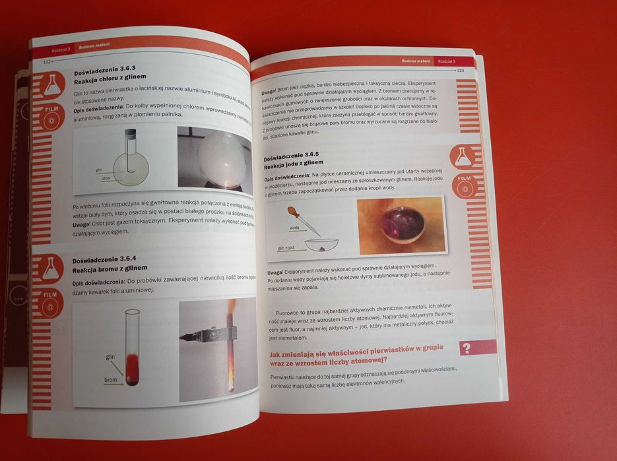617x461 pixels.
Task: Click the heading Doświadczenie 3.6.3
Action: (104, 69)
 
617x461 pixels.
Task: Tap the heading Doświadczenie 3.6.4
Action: (104, 259)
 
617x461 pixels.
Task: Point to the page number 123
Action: (460, 70)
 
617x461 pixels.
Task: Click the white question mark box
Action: (467, 348)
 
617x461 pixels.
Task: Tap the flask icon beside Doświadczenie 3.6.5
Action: (463, 157)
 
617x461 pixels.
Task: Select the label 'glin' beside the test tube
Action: (110, 357)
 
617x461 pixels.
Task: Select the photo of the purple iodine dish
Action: (400, 226)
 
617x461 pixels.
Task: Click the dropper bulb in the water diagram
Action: (292, 212)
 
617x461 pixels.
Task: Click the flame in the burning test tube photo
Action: (231, 310)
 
